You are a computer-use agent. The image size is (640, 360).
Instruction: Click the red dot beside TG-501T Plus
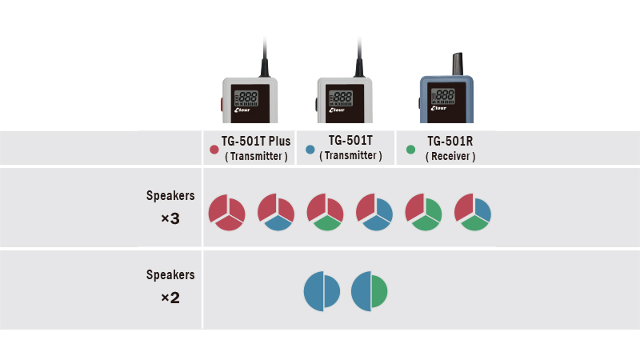(214, 150)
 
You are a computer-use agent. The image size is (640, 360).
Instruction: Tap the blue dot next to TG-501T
(310, 150)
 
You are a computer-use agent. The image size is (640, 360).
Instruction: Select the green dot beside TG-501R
(411, 150)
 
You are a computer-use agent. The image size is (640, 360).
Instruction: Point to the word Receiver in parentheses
(450, 157)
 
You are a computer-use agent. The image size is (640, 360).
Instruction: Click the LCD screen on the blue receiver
(443, 98)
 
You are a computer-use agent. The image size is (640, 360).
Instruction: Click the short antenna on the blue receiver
(458, 63)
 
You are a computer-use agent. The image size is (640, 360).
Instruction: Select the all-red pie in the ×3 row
(226, 212)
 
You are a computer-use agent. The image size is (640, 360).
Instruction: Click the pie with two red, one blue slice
(275, 212)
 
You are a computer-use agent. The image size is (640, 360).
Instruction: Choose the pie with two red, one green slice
(325, 212)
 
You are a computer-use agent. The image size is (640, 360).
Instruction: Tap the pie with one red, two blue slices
(374, 212)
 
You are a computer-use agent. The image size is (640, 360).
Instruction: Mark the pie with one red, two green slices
(423, 212)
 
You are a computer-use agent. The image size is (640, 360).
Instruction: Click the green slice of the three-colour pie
(475, 222)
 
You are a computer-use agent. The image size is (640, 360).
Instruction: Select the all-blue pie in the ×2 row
(322, 292)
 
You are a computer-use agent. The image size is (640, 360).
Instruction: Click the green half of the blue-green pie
(379, 292)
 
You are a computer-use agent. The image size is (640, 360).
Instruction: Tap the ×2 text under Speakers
(170, 298)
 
